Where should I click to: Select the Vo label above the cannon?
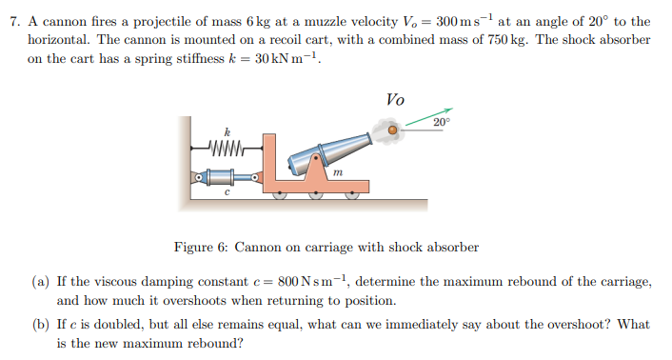[395, 99]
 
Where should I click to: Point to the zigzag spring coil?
[227, 148]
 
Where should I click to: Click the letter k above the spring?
[227, 131]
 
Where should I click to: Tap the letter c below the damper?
[226, 192]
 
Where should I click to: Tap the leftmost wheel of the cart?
[280, 194]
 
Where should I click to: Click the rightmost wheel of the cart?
[354, 194]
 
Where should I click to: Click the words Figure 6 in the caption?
[199, 248]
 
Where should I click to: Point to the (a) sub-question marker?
[40, 283]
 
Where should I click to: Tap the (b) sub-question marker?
[40, 325]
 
